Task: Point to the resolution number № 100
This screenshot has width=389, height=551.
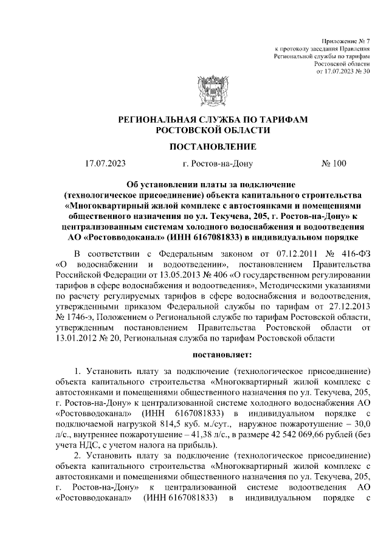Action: coord(333,164)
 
